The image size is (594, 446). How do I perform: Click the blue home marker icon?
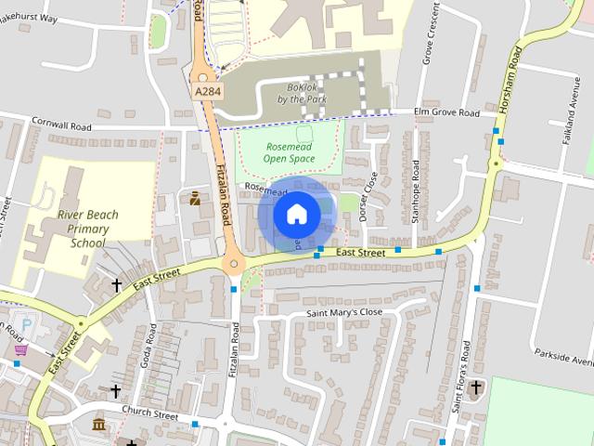pyautogui.click(x=296, y=214)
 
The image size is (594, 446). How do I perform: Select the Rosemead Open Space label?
pyautogui.click(x=289, y=152)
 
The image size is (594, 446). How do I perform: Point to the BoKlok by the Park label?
pyautogui.click(x=298, y=93)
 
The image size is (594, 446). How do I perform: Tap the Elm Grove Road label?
pyautogui.click(x=446, y=113)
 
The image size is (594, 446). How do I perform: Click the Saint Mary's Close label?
pyautogui.click(x=344, y=313)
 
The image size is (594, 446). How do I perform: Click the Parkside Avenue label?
pyautogui.click(x=563, y=356)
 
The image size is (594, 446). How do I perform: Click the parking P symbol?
pyautogui.click(x=27, y=326)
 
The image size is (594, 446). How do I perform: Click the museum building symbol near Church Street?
pyautogui.click(x=98, y=425)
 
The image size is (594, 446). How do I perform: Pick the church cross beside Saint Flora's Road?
pyautogui.click(x=476, y=387)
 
